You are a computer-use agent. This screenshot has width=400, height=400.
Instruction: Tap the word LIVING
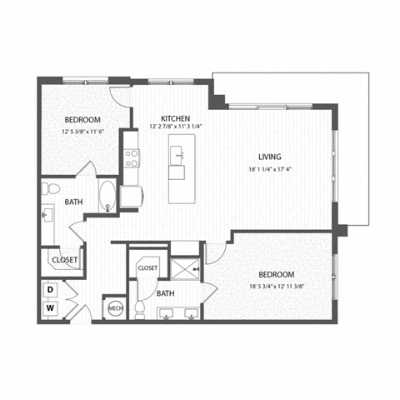click(x=270, y=157)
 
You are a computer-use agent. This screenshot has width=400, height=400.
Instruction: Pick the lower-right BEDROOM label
click(x=276, y=274)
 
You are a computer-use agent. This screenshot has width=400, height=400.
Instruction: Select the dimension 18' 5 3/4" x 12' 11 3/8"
click(x=276, y=287)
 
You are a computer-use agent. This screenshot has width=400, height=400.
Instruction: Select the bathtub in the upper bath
click(x=108, y=196)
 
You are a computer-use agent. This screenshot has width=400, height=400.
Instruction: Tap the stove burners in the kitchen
click(x=132, y=157)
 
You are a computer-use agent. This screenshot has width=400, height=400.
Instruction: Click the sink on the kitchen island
click(x=177, y=172)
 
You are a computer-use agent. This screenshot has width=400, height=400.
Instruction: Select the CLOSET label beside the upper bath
click(x=65, y=260)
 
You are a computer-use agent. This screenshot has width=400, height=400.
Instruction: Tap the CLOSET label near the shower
click(x=147, y=268)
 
